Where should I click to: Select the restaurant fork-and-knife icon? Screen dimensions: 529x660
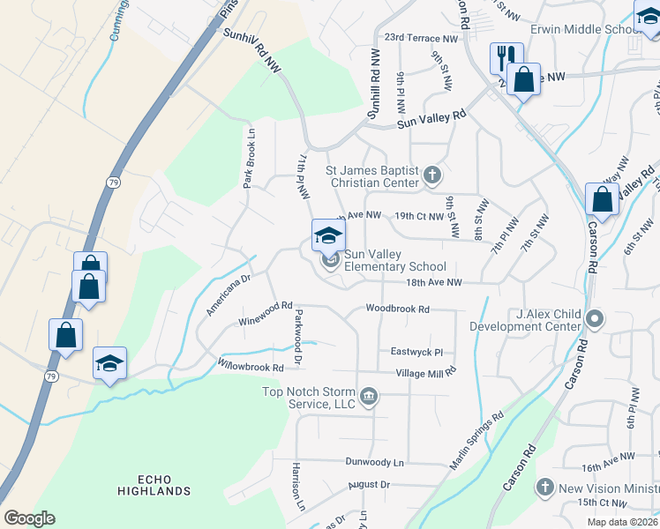[506, 58]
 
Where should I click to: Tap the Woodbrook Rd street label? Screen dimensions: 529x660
[398, 309]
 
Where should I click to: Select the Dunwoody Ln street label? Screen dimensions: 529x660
[374, 461]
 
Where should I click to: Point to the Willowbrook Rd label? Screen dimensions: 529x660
[251, 366]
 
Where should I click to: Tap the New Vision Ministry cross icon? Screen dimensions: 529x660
[544, 487]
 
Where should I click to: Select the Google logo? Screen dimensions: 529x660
[29, 518]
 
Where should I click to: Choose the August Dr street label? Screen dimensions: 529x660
[368, 485]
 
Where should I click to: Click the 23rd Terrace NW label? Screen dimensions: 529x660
[421, 39]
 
